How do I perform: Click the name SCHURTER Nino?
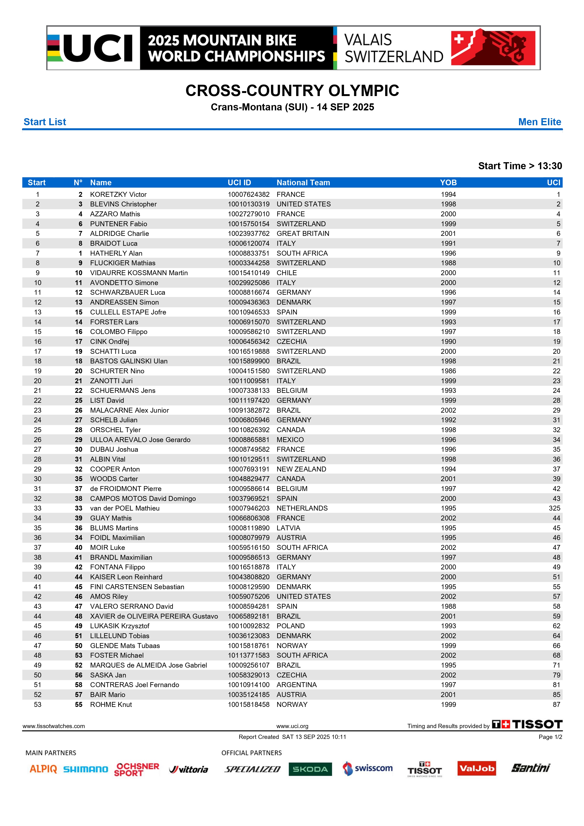pos(117,371)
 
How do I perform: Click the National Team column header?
pos(303,182)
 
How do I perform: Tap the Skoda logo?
pos(310,769)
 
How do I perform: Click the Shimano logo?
pos(86,769)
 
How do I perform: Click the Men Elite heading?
pos(539,122)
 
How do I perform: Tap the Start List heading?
pos(45,122)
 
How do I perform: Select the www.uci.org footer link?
pos(292,726)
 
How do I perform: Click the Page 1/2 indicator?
pos(550,737)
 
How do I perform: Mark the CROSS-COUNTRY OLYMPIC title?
pos(292,91)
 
